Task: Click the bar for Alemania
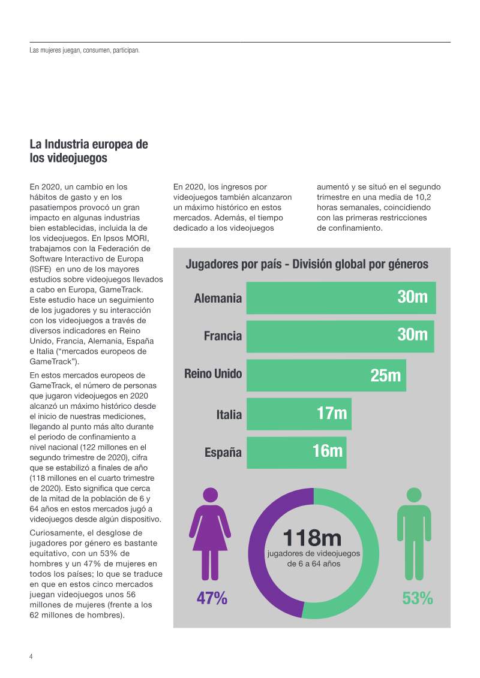pos(318,298)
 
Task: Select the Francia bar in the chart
pos(318,336)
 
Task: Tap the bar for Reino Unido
pos(306,375)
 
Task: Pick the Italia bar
pos(279,414)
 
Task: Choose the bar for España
pos(276,453)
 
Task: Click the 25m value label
pos(385,376)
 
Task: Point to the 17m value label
pos(332,414)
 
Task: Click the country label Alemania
pos(218,299)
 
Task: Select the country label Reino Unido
pos(213,374)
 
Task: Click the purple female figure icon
pos(210,534)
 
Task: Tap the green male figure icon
pos(414,534)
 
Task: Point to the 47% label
pos(212,598)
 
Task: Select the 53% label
pos(418,598)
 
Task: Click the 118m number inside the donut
pos(312,538)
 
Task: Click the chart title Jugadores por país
pos(307,264)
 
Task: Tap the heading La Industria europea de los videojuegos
pos(89,152)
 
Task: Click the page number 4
pos(31,656)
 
